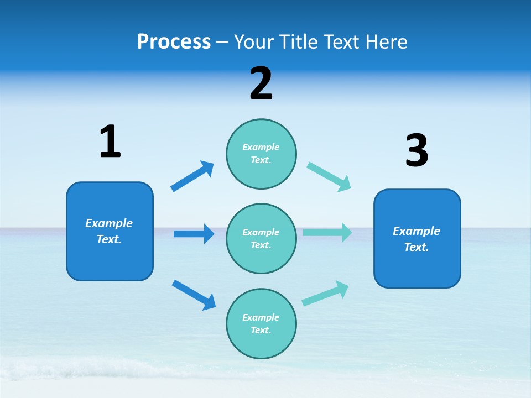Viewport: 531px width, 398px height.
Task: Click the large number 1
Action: tap(110, 142)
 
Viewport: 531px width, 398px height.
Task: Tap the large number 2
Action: tap(261, 83)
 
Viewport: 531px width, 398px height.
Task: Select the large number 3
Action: tap(417, 151)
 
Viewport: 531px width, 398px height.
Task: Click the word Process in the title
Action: tap(174, 41)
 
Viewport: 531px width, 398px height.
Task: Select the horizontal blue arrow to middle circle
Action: tap(194, 234)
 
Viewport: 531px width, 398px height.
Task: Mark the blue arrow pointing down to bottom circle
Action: tap(194, 295)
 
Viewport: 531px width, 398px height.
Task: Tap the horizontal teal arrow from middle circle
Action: tap(327, 233)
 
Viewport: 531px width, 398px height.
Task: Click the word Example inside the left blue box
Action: tap(109, 223)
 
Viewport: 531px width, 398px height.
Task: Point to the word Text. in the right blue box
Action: tap(417, 247)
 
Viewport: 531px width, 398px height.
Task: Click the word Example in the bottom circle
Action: tap(261, 317)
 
